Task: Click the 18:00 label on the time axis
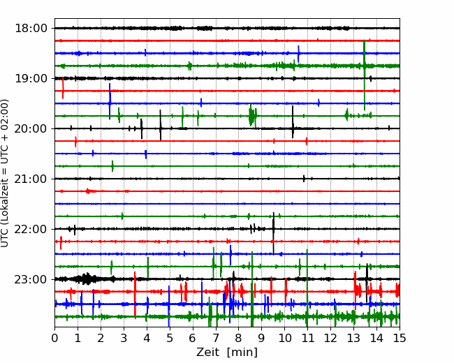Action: click(31, 29)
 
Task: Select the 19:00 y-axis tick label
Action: click(31, 78)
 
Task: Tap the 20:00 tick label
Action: click(31, 128)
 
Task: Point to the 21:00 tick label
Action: click(31, 179)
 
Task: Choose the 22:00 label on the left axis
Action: click(31, 229)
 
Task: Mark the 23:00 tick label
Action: click(31, 279)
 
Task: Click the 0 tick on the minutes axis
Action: click(54, 338)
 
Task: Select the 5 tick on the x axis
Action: click(170, 338)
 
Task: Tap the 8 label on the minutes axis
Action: click(239, 338)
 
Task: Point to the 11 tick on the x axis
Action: click(307, 338)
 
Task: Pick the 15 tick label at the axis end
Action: click(400, 338)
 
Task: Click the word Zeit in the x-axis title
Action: click(207, 352)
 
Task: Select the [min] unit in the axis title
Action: click(242, 353)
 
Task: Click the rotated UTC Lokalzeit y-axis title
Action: click(5, 173)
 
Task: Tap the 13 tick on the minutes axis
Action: click(353, 338)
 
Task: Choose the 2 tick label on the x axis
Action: click(101, 338)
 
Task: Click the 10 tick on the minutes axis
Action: click(284, 338)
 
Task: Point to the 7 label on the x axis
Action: click(216, 338)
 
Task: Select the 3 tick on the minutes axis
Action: click(124, 338)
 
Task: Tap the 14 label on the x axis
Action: click(376, 338)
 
